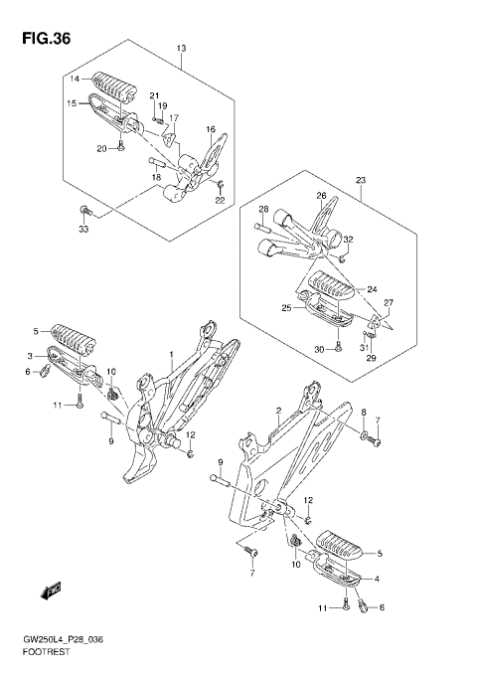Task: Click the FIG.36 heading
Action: (47, 39)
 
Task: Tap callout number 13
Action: (181, 48)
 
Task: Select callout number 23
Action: (361, 180)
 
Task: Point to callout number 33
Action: (83, 229)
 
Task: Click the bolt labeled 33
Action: (85, 211)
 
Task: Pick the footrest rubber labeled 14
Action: (114, 86)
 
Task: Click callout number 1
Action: (171, 354)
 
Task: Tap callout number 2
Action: (278, 412)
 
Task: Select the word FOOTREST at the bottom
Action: (46, 652)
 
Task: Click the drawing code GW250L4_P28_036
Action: (63, 640)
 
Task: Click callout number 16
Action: (211, 129)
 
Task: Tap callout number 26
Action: (322, 196)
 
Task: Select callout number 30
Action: (319, 350)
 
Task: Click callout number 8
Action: (364, 412)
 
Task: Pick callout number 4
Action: (377, 579)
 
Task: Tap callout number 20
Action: (101, 149)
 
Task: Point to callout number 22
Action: (220, 200)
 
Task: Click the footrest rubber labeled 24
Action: (331, 285)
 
